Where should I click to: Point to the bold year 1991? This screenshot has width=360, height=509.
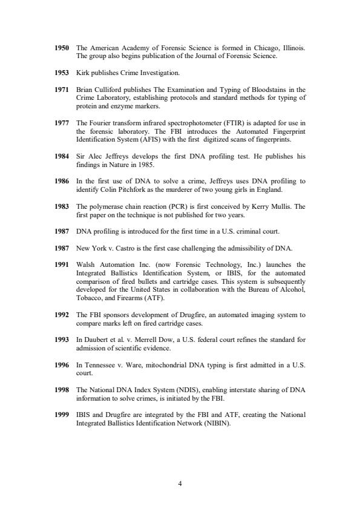(63, 265)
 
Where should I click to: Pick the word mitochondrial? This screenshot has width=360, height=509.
(161, 364)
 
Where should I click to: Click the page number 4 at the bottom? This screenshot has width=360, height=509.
(180, 484)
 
